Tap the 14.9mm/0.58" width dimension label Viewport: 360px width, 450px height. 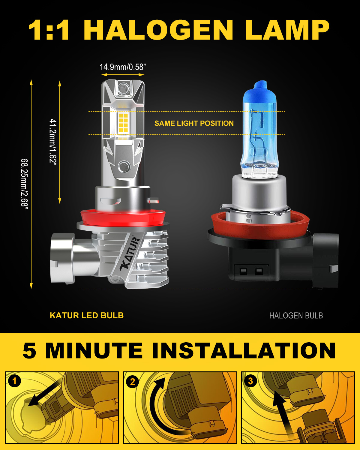(x=123, y=67)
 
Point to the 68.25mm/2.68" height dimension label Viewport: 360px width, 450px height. (x=25, y=184)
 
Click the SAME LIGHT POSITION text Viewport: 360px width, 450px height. (x=194, y=123)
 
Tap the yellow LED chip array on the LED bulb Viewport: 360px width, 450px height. (x=123, y=123)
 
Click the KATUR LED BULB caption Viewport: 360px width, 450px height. (x=87, y=316)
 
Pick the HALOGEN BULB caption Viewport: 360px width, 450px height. (x=296, y=316)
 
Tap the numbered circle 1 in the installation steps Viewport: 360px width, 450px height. (x=14, y=381)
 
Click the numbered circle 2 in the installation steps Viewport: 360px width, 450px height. (x=133, y=382)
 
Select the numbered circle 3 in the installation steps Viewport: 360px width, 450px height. (x=250, y=381)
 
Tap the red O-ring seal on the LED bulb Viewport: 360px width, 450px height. (x=123, y=218)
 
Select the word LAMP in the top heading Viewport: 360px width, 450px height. (x=287, y=30)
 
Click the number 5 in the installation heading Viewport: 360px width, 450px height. (x=29, y=351)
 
